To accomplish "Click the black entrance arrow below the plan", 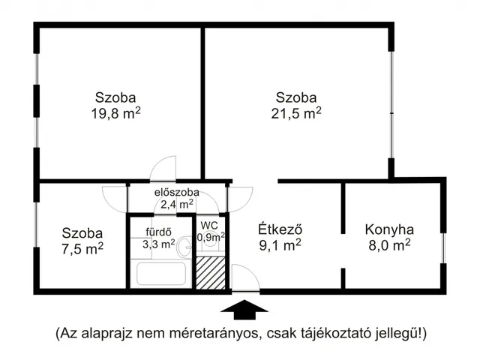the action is click(244, 310).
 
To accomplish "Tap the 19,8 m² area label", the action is click(116, 113).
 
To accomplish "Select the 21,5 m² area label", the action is click(296, 113).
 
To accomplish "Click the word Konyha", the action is click(389, 230).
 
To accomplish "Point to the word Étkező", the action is click(280, 229).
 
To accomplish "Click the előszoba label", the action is click(177, 192).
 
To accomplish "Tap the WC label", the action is click(209, 226).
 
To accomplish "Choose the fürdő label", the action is click(158, 232).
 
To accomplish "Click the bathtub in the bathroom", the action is click(161, 274).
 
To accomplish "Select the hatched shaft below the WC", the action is click(211, 273).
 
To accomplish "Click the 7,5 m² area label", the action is click(82, 248).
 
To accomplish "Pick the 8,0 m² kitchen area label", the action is click(389, 245).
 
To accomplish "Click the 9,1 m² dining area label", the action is click(280, 245).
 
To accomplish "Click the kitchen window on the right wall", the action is click(443, 248).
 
